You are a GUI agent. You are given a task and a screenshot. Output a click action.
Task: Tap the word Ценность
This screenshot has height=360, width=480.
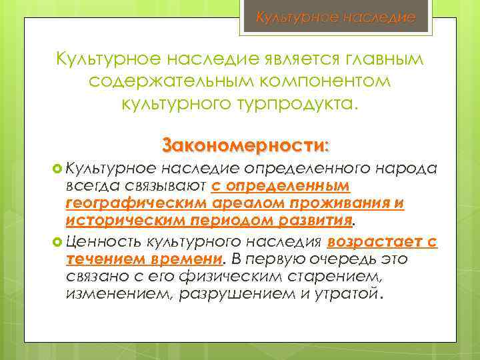coord(107,241)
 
